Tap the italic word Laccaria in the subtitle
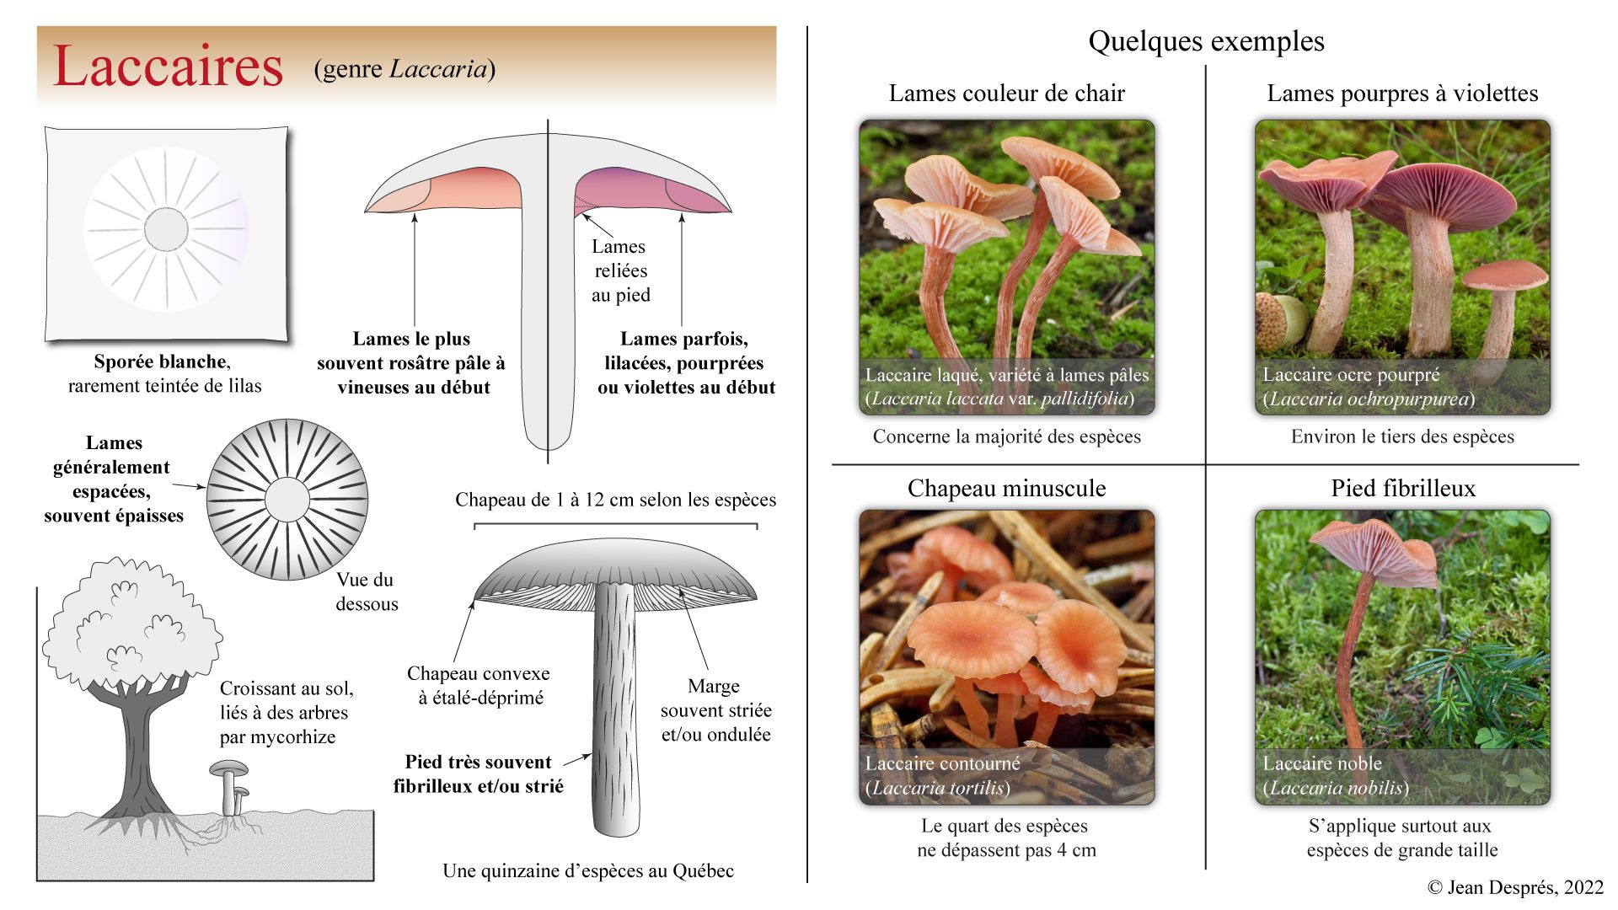(x=438, y=69)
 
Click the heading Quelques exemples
(x=1206, y=41)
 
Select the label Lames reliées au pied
(x=620, y=270)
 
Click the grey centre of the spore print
(x=166, y=228)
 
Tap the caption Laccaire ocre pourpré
(x=1350, y=375)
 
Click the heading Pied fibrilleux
(x=1403, y=489)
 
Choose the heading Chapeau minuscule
(x=1006, y=489)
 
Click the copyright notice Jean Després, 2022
(x=1515, y=887)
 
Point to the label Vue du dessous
(x=367, y=591)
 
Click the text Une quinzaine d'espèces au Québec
(x=587, y=871)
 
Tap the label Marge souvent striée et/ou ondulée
(x=715, y=710)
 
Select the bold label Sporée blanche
(x=161, y=362)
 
